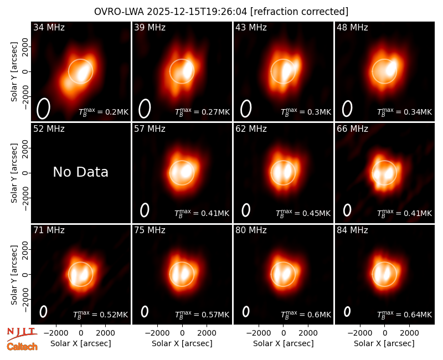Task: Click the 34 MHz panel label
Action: [x=49, y=27]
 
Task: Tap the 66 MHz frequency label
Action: [x=352, y=129]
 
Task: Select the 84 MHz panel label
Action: [x=352, y=230]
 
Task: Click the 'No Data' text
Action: [x=80, y=172]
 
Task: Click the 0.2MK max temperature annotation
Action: [x=104, y=112]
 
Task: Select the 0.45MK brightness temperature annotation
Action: [x=303, y=214]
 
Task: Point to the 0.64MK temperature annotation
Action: [x=405, y=315]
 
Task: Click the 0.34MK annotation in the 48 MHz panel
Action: [x=405, y=112]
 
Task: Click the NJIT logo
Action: [x=22, y=333]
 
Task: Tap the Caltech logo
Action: [x=22, y=347]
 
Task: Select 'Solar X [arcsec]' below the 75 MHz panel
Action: [x=182, y=343]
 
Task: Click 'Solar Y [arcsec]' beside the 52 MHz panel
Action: [x=14, y=173]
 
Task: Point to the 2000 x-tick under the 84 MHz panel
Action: [x=409, y=333]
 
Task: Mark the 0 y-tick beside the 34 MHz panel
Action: [x=26, y=71]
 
